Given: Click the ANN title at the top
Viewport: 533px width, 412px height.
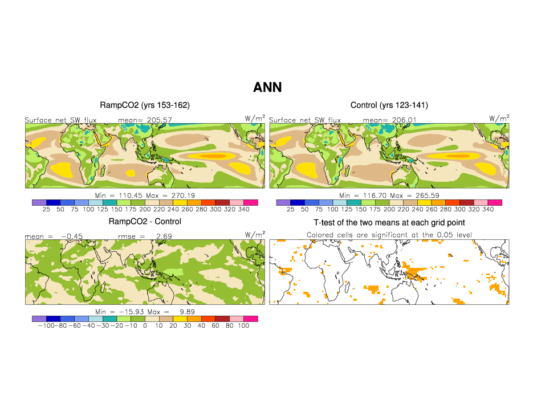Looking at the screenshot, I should click(x=267, y=87).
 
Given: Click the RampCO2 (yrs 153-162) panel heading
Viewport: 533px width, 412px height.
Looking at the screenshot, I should click(x=145, y=105).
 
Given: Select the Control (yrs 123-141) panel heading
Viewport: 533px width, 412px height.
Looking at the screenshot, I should click(x=388, y=105).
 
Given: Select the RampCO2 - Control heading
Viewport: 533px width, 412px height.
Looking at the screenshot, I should click(x=145, y=222).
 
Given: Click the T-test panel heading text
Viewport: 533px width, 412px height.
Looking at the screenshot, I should click(x=389, y=222).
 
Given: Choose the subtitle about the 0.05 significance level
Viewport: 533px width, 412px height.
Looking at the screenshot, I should click(x=389, y=235).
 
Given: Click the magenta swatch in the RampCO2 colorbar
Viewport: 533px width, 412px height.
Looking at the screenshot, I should click(x=251, y=202).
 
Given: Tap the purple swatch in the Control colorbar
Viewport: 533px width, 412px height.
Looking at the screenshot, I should click(x=283, y=202).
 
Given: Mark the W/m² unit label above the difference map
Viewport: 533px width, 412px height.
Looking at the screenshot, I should click(x=255, y=234).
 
